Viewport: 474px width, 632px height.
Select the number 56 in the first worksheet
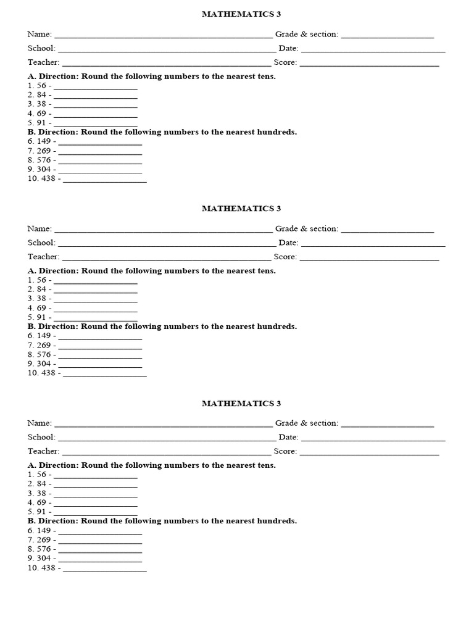coord(42,86)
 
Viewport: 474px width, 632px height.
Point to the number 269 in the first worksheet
coord(44,151)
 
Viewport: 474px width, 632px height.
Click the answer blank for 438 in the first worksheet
coord(105,180)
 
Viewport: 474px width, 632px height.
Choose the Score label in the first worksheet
coord(285,62)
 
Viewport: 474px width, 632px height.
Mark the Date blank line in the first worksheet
coord(373,50)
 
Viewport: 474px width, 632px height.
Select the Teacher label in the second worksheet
coord(43,257)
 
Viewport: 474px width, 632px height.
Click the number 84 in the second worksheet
coord(42,289)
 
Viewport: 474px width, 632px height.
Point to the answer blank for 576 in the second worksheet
coord(100,356)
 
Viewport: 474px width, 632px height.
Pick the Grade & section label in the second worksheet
coord(306,228)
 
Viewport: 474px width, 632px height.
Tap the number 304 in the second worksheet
coord(44,364)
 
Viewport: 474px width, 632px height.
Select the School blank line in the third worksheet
coord(166,439)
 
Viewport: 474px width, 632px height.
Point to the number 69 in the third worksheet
coord(42,502)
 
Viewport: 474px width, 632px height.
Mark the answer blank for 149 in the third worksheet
coord(100,532)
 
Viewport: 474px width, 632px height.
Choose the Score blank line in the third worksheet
coord(369,453)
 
